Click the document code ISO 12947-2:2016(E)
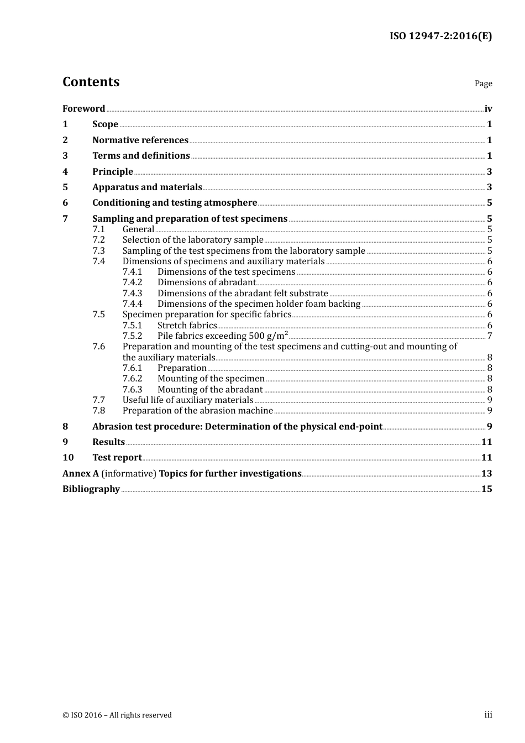tap(440, 36)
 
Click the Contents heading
tap(91, 82)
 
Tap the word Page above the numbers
tap(483, 83)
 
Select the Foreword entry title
tap(83, 109)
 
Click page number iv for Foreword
tap(488, 109)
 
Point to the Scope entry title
tap(105, 124)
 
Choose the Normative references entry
tap(140, 140)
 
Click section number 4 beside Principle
tap(65, 172)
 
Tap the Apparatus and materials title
tap(147, 187)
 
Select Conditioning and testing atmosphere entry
tap(175, 203)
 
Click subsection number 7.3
tap(98, 250)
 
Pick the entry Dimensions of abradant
tap(206, 282)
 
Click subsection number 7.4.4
tap(132, 304)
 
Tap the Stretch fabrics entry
tap(187, 326)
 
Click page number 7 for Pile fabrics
tap(490, 336)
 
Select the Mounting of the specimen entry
tap(211, 379)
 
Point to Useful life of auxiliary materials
tap(188, 400)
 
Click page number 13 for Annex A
tap(486, 474)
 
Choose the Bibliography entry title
tap(91, 489)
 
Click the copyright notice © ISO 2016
tap(117, 715)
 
